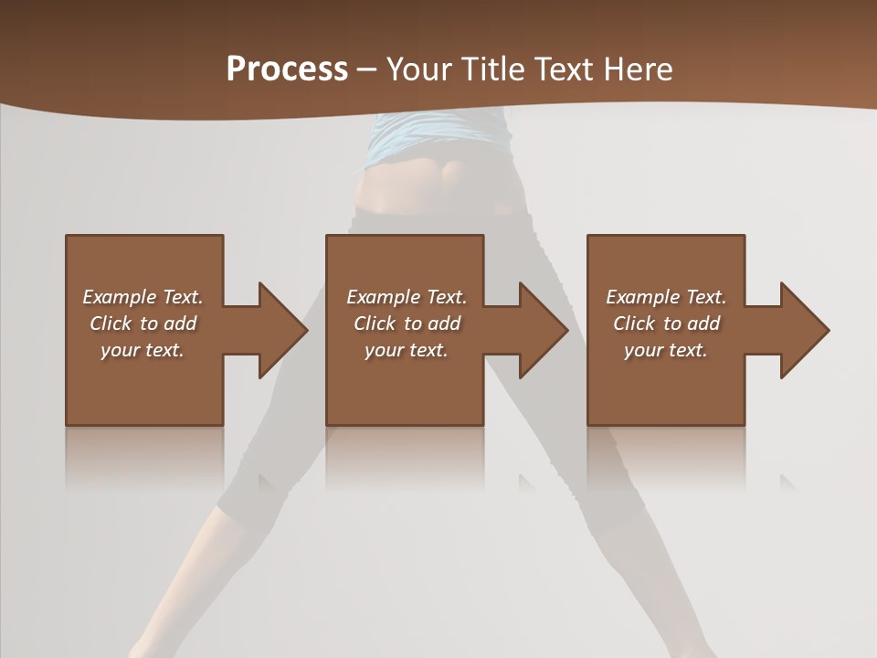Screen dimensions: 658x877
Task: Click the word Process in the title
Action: [287, 69]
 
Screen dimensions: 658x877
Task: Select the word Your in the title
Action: [417, 69]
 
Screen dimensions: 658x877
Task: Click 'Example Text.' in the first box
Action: [143, 297]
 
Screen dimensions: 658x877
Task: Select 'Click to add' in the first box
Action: [143, 324]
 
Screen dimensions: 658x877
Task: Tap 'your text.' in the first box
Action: [143, 350]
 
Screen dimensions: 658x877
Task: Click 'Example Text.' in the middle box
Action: [407, 297]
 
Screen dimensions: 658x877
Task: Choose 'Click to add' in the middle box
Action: [407, 324]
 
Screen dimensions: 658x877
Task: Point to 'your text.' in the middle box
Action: [407, 350]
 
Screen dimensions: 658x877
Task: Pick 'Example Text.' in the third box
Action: [666, 297]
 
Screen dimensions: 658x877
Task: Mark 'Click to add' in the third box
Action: [666, 324]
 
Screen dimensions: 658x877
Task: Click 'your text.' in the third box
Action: [666, 350]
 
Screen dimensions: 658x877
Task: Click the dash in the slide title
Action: [367, 69]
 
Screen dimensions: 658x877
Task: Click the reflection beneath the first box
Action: [144, 457]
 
